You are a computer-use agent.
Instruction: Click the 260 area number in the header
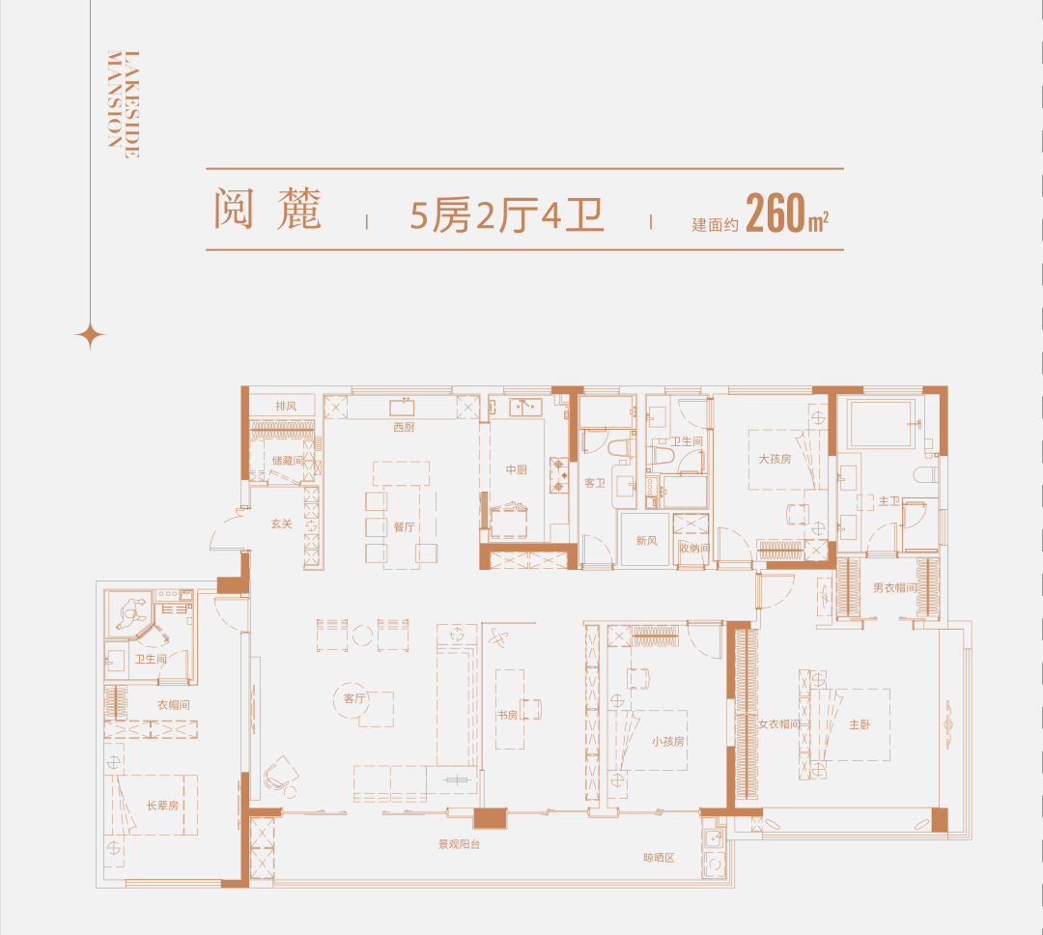pos(776,212)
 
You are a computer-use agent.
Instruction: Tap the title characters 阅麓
pos(268,209)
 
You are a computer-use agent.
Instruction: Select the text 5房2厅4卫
pos(507,215)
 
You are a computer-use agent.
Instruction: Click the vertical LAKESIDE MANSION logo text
pos(124,103)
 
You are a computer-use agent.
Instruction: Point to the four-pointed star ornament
pos(90,335)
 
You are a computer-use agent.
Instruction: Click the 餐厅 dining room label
pos(404,527)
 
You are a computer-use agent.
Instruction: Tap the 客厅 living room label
pos(354,698)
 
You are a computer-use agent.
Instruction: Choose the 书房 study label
pos(507,715)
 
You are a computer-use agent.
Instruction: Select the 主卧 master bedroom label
pos(860,724)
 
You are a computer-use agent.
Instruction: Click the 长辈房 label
pos(163,806)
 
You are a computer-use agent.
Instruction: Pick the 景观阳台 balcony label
pos(459,844)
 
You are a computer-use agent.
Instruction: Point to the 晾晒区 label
pos(660,858)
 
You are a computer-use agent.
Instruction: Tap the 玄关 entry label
pos(281,524)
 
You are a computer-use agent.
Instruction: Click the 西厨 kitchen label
pos(404,427)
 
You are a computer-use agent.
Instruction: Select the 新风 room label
pos(646,540)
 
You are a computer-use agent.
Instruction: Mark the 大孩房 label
pos(775,459)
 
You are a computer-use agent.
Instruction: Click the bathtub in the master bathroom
pos(881,424)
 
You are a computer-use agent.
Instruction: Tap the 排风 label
pos(286,406)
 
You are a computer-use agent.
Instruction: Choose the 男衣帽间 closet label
pos(894,587)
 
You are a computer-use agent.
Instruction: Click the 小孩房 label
pos(668,741)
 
